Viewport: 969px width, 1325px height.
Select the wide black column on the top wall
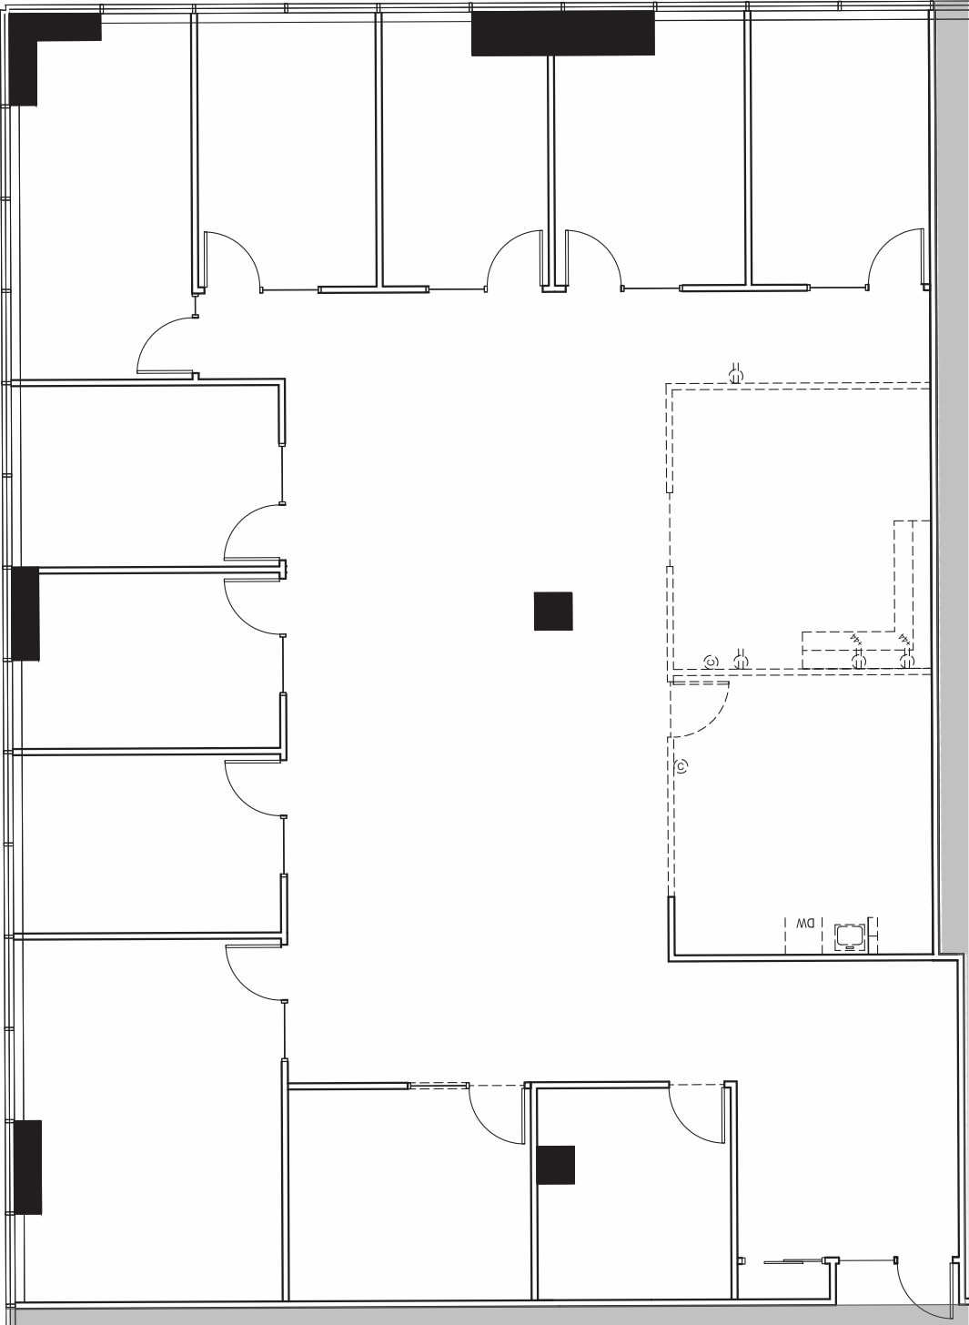pos(562,34)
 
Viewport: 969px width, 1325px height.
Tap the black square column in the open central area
pos(553,611)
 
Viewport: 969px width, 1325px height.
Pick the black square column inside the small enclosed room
pos(556,1165)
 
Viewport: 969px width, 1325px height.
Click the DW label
pos(805,925)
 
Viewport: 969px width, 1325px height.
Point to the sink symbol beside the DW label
pos(850,936)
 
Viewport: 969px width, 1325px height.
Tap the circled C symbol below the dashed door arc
pos(681,765)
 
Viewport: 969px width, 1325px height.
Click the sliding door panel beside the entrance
pos(792,1261)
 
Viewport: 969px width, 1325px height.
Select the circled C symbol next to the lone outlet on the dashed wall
pos(711,662)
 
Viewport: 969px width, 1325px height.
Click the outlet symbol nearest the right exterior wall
pos(906,662)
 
